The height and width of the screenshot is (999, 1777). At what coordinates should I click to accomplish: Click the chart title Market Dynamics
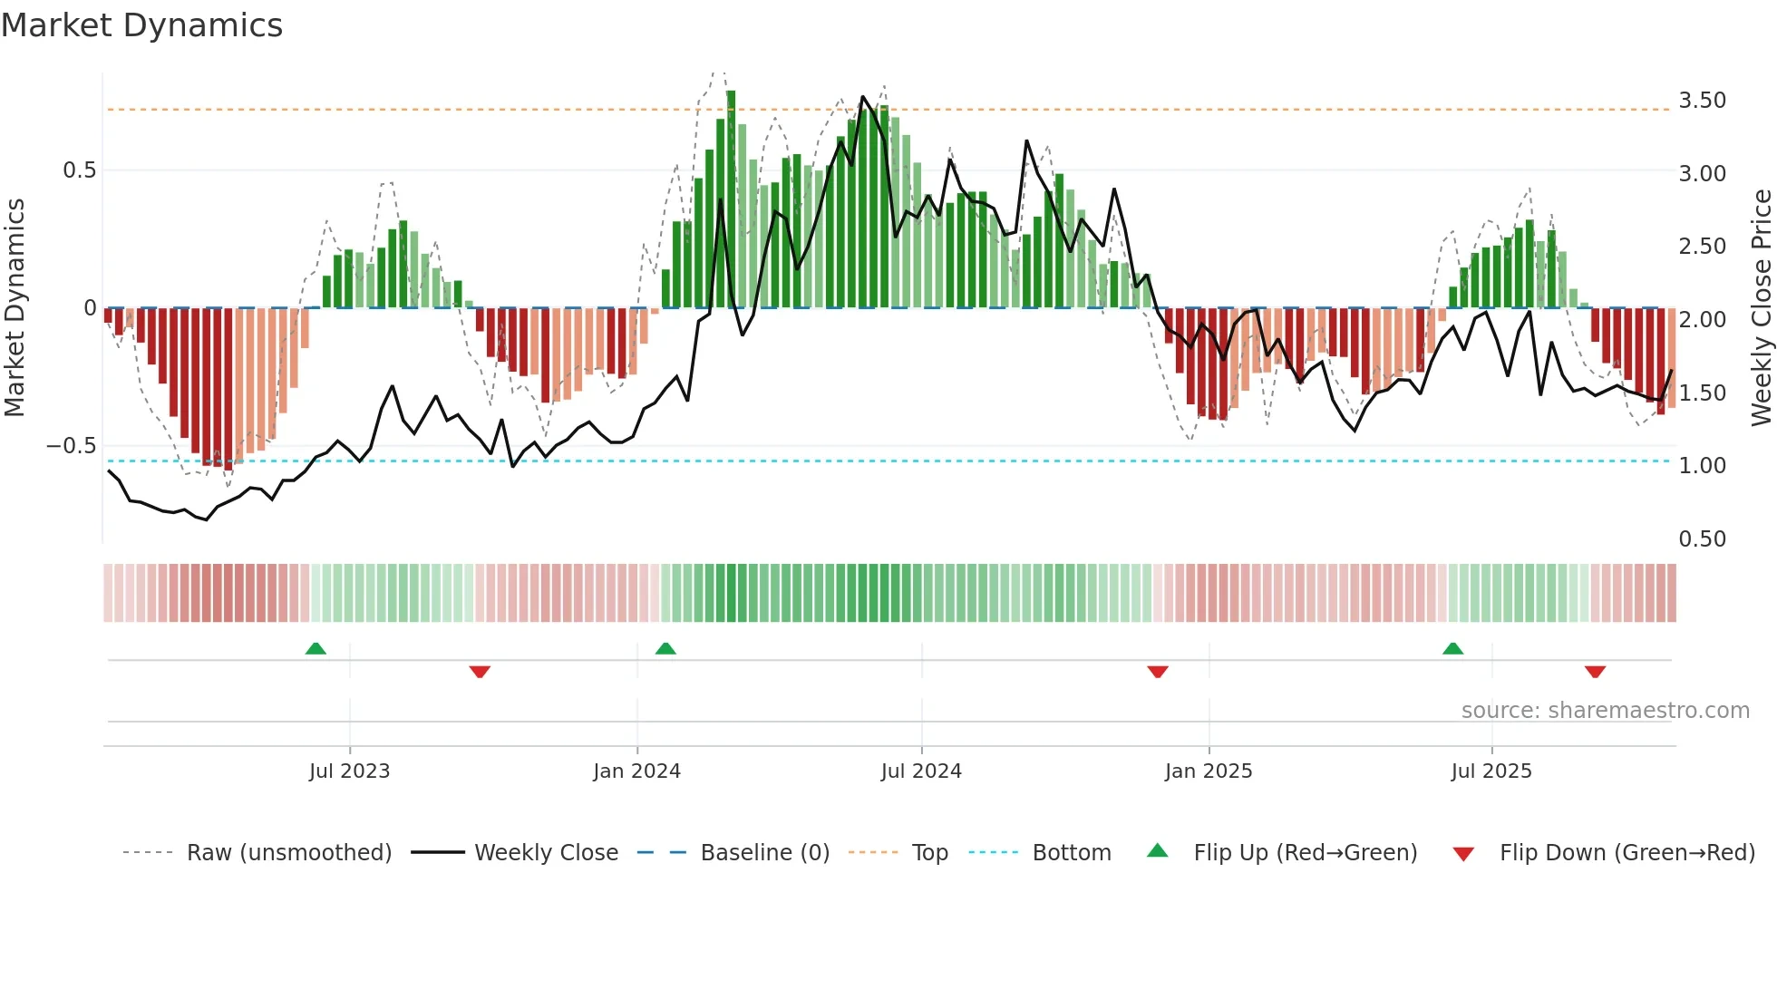pos(142,25)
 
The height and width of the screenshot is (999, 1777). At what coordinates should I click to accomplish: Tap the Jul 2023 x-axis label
pos(349,771)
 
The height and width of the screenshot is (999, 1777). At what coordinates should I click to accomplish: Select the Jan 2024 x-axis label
pos(636,771)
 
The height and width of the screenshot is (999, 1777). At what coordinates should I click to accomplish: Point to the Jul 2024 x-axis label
pos(921,771)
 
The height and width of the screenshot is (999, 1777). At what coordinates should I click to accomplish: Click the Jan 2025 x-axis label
pos(1209,771)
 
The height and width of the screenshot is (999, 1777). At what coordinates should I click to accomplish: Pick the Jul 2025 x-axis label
pos(1491,771)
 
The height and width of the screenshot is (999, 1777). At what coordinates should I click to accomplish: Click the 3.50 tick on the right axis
pos(1702,101)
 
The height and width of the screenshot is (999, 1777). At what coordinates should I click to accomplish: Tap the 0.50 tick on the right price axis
pos(1702,539)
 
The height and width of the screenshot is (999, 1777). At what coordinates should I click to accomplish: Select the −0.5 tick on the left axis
pos(71,446)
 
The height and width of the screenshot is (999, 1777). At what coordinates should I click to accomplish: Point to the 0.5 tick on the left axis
pos(79,170)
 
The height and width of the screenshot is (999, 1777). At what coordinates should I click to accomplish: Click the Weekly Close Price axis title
pos(1761,307)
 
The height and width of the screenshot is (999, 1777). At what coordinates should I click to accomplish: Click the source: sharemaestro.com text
pos(1605,711)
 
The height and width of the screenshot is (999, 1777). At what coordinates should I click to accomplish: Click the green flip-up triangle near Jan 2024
pos(665,649)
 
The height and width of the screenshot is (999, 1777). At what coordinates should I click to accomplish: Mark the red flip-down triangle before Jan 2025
pos(1158,672)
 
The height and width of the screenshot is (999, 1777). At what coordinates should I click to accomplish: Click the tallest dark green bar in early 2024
pos(731,199)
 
